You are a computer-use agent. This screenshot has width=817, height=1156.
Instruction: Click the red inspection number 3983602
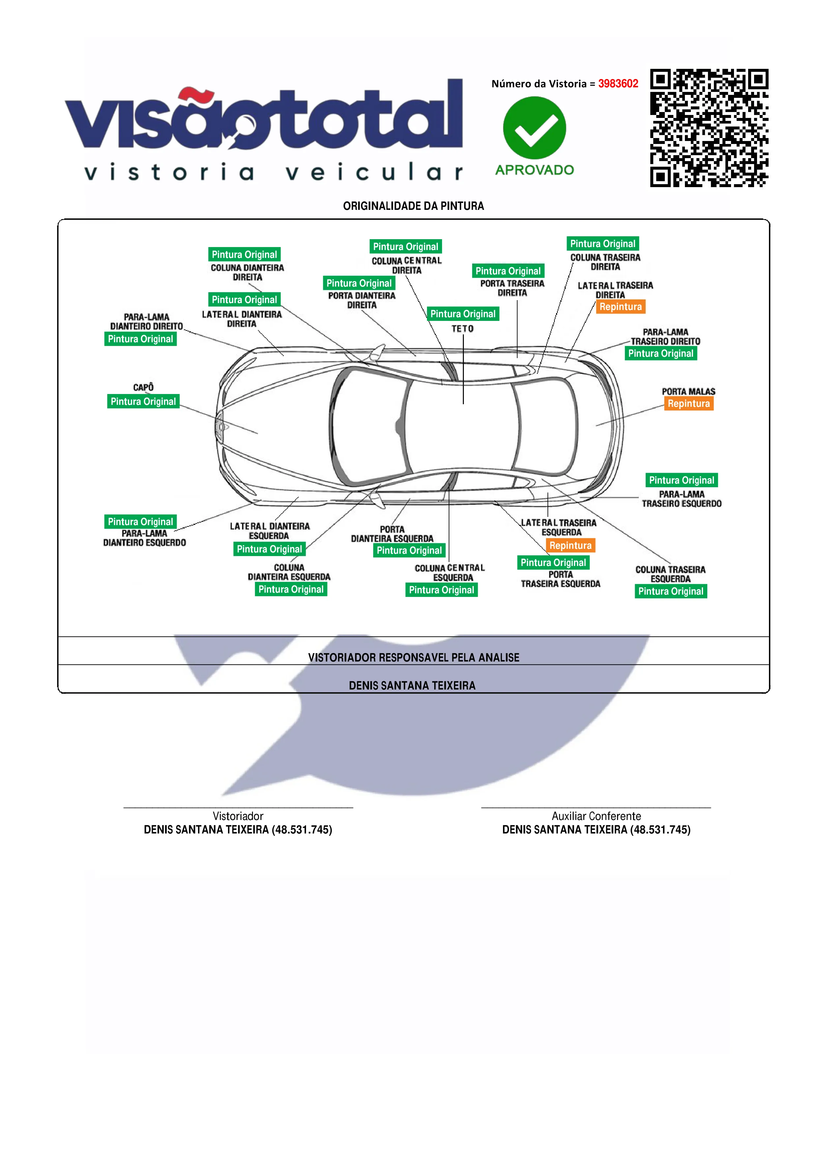618,84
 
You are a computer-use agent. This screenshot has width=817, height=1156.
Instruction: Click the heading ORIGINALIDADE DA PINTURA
413,206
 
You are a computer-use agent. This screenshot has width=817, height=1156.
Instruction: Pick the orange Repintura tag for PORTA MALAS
688,403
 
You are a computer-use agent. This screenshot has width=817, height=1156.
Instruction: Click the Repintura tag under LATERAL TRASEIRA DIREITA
620,307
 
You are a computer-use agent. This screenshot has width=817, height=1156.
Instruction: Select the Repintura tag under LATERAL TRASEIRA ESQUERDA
570,545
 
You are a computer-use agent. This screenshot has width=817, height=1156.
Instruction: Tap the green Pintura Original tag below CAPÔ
143,401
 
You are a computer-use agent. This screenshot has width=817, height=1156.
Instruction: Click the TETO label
462,329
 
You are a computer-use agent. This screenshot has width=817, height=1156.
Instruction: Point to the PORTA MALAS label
688,391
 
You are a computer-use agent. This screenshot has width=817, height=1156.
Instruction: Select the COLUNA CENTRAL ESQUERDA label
450,573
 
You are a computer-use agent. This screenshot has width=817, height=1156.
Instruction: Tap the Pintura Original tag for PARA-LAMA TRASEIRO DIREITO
661,353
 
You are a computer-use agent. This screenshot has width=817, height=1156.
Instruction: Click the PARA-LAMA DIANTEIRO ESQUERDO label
145,538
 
